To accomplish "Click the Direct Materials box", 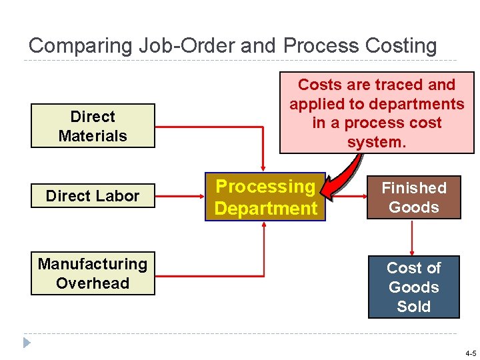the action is click(93, 126).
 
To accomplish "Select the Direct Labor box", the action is click(93, 196).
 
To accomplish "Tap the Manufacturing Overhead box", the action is click(93, 273).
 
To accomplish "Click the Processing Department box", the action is click(265, 197).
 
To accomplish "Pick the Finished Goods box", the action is click(413, 197).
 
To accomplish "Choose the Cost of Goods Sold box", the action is click(413, 287).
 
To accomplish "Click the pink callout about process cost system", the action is click(377, 113).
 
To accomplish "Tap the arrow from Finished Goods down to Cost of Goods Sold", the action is click(413, 237).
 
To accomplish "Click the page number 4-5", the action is click(470, 353).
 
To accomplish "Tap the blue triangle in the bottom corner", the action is click(27, 343).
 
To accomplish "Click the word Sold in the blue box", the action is click(413, 307).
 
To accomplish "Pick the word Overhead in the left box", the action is click(93, 283).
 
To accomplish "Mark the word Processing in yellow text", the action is click(265, 187).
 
